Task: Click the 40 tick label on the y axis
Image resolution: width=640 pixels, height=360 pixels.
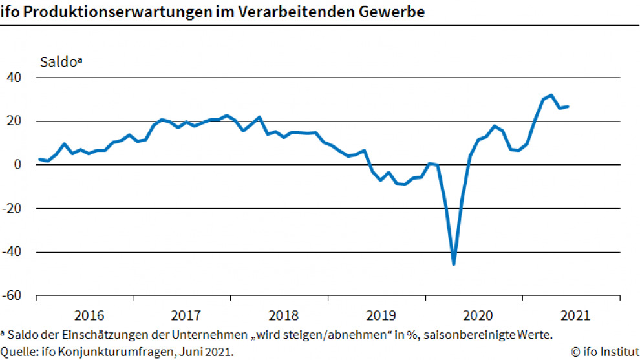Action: click(x=15, y=78)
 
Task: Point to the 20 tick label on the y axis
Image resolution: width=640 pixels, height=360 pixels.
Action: click(x=15, y=122)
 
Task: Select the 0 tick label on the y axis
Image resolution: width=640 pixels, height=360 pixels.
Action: click(x=19, y=165)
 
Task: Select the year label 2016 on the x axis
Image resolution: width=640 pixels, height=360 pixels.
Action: click(x=89, y=316)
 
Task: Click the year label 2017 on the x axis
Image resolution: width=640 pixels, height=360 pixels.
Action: click(x=186, y=316)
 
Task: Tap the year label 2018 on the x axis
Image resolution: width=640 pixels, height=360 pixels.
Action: click(x=283, y=316)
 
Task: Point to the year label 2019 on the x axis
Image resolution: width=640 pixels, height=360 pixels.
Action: click(x=381, y=316)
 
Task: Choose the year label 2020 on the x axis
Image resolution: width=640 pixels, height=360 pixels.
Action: click(x=478, y=316)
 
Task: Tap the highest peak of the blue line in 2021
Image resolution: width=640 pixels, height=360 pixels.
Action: click(x=551, y=96)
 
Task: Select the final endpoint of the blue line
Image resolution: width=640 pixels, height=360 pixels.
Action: click(x=568, y=106)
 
